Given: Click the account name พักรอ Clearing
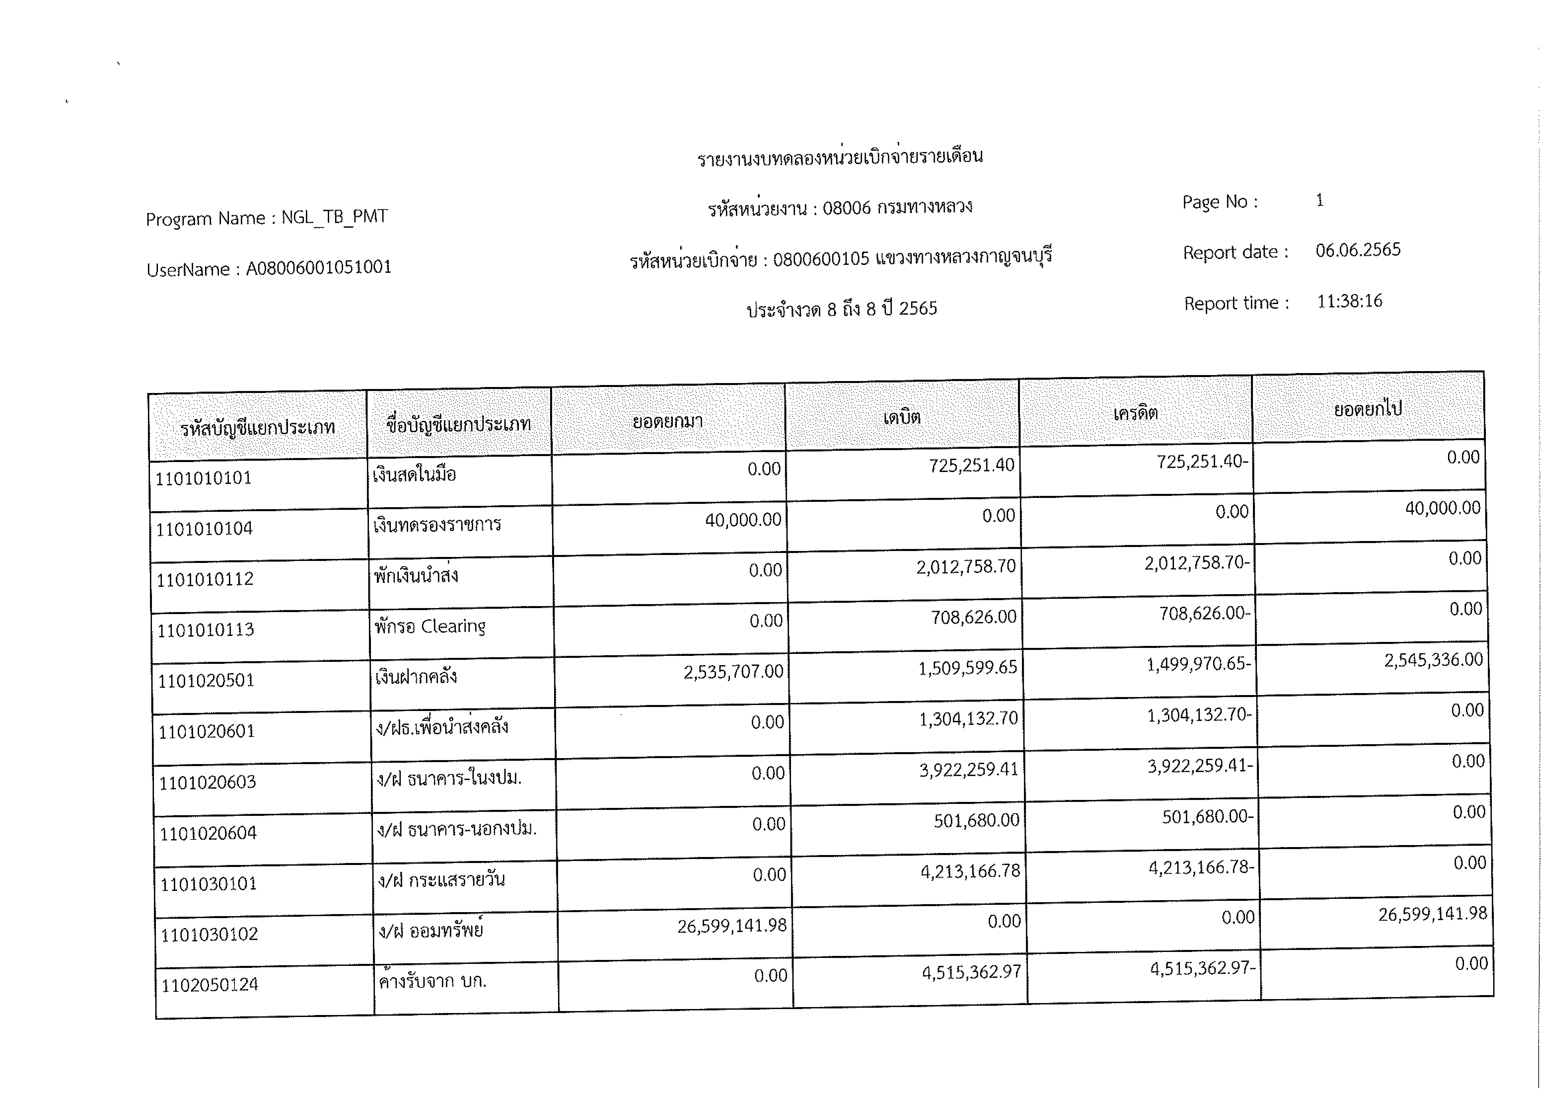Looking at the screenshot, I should pos(430,627).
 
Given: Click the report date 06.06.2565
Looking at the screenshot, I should pos(1358,250).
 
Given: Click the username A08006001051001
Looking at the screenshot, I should pos(318,268).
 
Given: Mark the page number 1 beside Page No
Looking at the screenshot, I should pos(1320,200).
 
